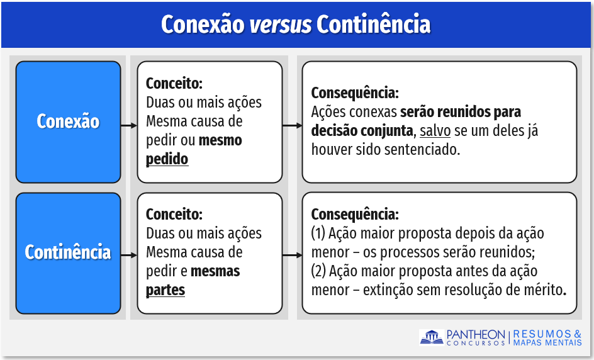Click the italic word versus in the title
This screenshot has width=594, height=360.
pos(281,25)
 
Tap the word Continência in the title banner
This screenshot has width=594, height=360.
pos(374,25)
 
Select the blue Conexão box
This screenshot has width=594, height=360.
pos(68,122)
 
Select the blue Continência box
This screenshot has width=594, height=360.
pos(68,253)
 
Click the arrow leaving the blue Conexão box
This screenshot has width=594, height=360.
pos(129,125)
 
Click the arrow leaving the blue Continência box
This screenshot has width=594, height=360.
pos(129,256)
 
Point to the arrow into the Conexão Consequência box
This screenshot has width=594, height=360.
pos(292,125)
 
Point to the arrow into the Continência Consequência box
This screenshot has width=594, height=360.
pos(292,256)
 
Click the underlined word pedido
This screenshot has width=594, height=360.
pos(167,159)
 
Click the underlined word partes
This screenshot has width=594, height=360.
pos(165,290)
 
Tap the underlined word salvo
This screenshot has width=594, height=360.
pos(435,131)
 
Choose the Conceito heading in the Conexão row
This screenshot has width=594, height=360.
pos(174,83)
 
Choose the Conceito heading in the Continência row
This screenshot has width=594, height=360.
pos(174,214)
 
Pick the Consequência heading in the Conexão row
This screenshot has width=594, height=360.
pos(355,93)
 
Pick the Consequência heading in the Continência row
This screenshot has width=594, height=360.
pos(355,215)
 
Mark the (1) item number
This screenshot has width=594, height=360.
pos(318,233)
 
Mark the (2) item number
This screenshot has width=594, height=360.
pos(318,271)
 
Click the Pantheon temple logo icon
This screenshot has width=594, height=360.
pos(432,337)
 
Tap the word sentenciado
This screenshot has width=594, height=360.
pos(422,150)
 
